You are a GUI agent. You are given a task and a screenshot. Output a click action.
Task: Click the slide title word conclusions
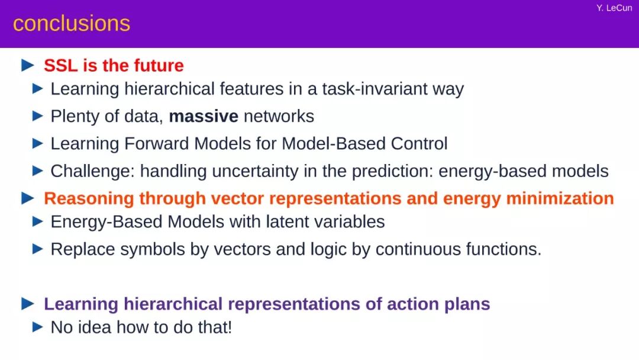[72, 24]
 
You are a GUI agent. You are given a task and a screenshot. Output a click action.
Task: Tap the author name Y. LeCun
[614, 8]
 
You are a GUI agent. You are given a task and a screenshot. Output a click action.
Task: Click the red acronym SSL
[61, 66]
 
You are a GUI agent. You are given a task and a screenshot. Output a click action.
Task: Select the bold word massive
[204, 117]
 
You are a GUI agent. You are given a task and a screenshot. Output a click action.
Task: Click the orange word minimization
[560, 198]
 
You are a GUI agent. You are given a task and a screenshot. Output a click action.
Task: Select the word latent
[283, 222]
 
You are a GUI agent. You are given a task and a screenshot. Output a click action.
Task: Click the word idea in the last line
[94, 327]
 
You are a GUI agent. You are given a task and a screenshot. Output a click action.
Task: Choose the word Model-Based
[333, 144]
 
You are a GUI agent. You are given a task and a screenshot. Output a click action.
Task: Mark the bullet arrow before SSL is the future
[28, 65]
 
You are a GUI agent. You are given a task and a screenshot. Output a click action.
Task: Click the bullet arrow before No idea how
[37, 327]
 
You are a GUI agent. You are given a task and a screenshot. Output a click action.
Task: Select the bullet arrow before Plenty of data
[37, 116]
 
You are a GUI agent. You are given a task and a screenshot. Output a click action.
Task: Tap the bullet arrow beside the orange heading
[28, 198]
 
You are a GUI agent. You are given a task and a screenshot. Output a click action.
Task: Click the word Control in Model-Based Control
[419, 144]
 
